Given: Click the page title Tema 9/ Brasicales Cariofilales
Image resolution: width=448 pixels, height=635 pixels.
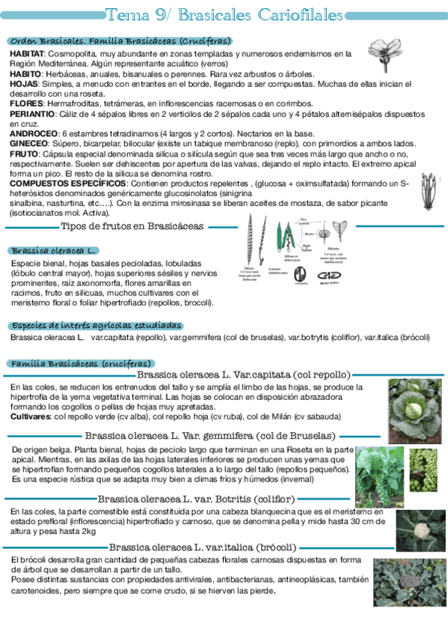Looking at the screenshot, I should click(x=224, y=15).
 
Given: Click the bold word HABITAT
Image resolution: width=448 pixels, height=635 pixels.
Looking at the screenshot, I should click(x=27, y=54).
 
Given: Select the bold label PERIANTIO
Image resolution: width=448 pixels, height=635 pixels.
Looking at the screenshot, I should click(x=32, y=113).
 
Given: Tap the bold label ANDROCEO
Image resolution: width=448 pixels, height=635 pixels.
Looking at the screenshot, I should click(x=31, y=133).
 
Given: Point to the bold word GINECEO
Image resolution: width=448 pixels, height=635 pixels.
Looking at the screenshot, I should click(x=28, y=142).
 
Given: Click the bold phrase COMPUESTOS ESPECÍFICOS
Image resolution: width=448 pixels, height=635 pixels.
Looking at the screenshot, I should click(x=67, y=182).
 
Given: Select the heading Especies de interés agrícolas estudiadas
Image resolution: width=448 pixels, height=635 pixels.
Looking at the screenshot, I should click(x=96, y=326).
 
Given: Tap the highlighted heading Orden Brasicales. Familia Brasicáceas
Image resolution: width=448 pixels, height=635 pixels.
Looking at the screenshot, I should click(x=120, y=41).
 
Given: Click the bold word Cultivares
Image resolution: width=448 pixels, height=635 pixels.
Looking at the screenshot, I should click(x=30, y=416).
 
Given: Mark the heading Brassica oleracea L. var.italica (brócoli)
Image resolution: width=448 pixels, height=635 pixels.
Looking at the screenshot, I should click(x=203, y=547).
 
